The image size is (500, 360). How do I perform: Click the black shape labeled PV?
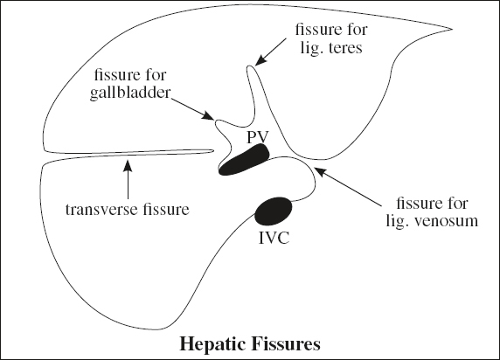click(244, 160)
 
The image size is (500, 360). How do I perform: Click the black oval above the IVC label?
click(274, 211)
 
